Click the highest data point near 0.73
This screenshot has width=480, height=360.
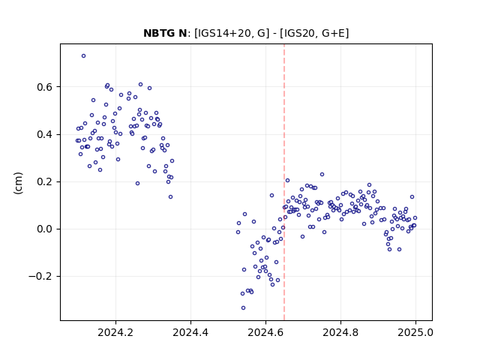pos(83,56)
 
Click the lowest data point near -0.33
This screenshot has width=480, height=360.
pos(243,308)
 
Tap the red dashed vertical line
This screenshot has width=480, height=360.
pos(284,182)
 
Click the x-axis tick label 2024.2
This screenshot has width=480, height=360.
pos(115,332)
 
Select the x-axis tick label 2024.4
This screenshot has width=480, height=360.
pos(190,332)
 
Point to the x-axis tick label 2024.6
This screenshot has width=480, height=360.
pos(265,332)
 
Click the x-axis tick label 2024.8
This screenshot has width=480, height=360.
pos(340,332)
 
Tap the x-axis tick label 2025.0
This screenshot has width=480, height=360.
pos(415,332)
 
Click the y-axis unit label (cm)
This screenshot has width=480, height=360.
pos(18,182)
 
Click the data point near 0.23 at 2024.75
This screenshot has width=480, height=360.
pos(322,175)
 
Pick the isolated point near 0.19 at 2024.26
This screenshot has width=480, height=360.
pos(137,183)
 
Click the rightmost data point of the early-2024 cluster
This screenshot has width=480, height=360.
pos(172,161)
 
